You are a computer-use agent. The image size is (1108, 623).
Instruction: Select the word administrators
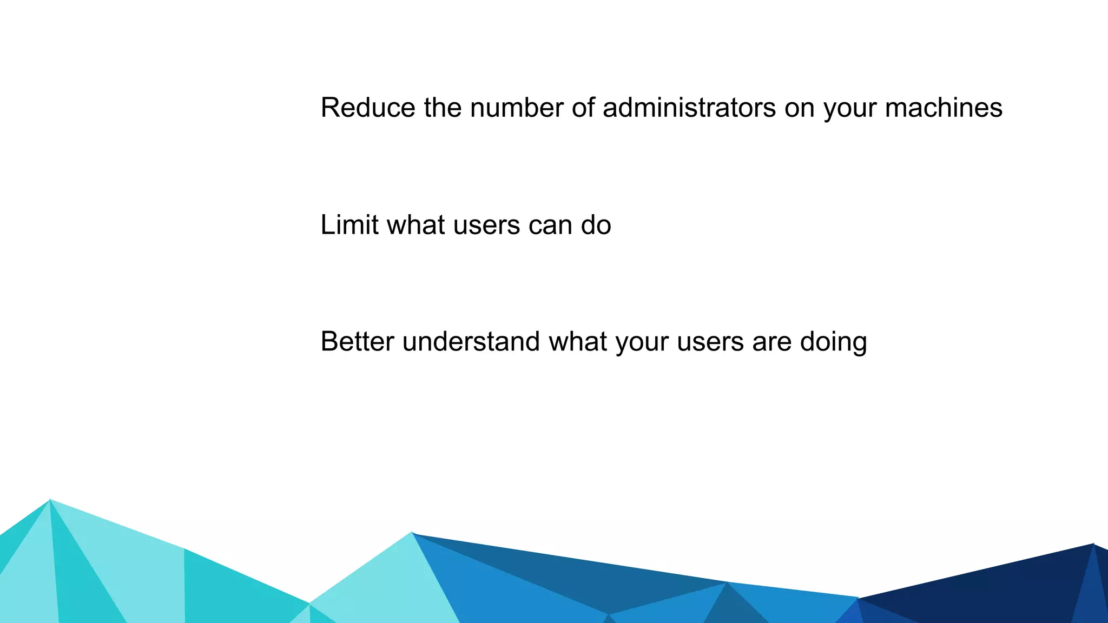tap(689, 108)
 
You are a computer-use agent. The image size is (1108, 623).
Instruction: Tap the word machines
tap(944, 108)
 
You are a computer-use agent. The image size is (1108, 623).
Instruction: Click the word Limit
tap(349, 225)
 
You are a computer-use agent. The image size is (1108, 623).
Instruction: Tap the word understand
tap(471, 342)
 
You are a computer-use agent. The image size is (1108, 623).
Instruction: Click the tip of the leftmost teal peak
tap(50, 501)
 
